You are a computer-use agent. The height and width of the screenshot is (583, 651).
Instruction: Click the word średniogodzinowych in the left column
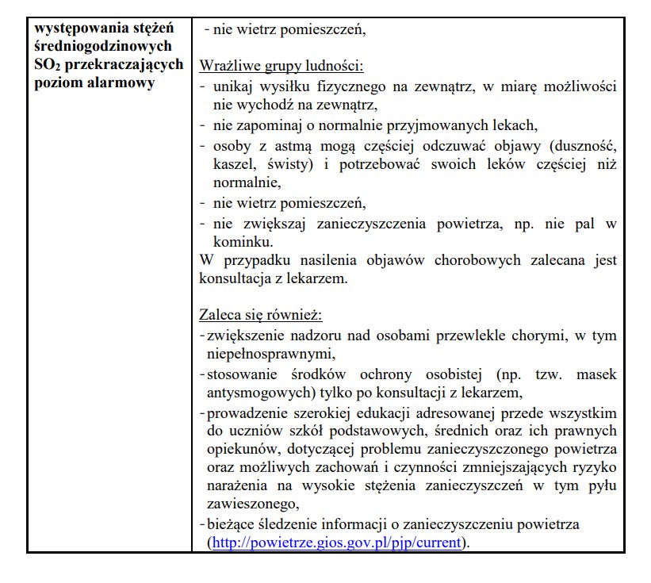[x=92, y=48]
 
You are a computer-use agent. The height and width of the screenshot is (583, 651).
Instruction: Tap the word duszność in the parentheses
[x=576, y=145]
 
